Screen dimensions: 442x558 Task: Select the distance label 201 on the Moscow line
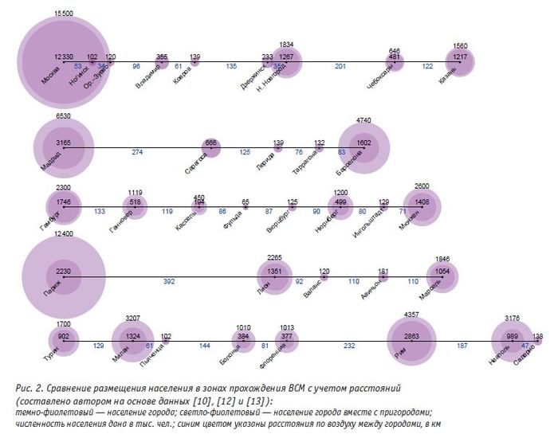coord(340,67)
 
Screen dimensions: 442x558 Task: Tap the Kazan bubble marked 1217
coord(460,60)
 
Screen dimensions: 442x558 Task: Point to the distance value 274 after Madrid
coord(137,151)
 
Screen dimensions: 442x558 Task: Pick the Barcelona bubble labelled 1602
coord(364,143)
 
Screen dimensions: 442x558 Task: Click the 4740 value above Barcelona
coord(363,119)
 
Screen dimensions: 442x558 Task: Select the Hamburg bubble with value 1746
coord(65,204)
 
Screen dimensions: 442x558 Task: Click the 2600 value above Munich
coord(422,186)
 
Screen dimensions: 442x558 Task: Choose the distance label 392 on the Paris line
coord(169,282)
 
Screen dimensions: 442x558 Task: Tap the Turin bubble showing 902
coord(65,338)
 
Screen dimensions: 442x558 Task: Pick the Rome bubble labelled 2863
coord(411,338)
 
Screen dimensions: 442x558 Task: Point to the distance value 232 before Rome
coord(349,346)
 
